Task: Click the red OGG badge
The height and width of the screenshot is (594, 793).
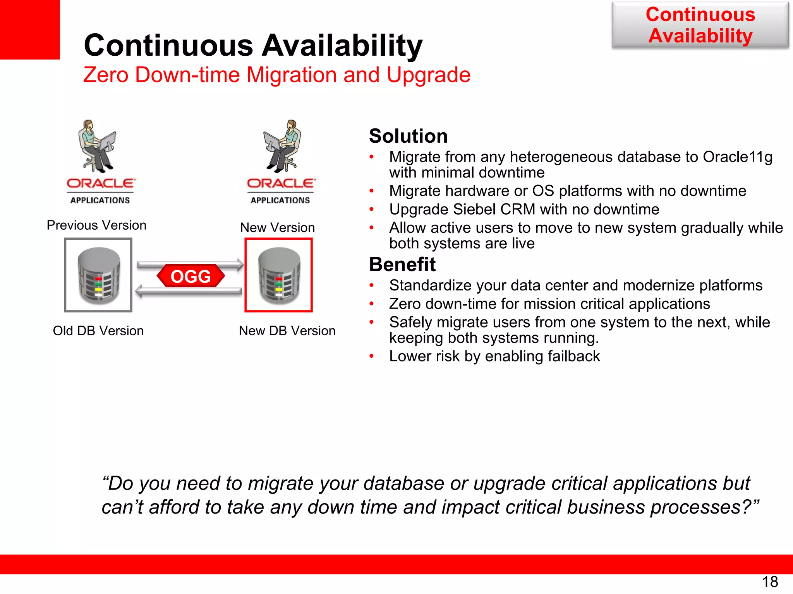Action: tap(191, 276)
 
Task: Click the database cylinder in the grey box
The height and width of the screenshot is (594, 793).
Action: tap(99, 275)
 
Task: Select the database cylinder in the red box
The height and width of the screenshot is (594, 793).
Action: tap(279, 275)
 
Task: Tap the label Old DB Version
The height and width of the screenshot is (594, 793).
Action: tap(98, 331)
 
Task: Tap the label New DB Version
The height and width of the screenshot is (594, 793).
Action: tap(287, 331)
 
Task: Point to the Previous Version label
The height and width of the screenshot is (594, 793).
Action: tap(96, 225)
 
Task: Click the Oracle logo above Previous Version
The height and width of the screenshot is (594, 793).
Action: tap(101, 184)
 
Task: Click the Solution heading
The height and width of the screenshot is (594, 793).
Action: tap(408, 136)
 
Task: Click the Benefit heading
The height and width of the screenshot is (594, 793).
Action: tap(402, 265)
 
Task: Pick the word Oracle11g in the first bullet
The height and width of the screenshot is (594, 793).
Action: tap(737, 157)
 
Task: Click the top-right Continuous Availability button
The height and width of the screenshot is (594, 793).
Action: tap(700, 26)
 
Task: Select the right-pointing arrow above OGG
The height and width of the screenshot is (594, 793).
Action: tap(190, 265)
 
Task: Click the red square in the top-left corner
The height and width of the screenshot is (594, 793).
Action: tap(29, 29)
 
